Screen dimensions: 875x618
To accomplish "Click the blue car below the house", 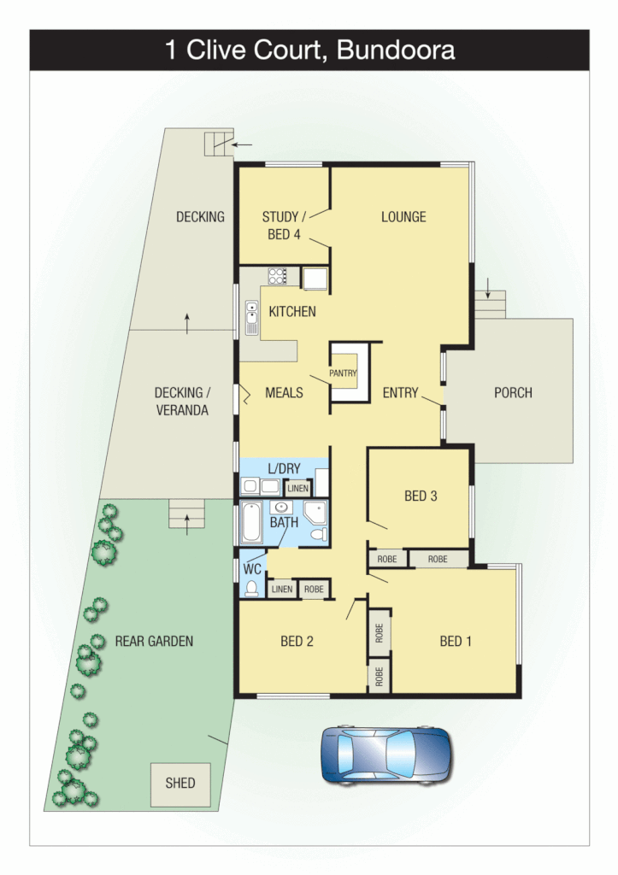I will click(x=386, y=755).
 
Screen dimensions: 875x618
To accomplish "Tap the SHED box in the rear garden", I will click(x=180, y=783).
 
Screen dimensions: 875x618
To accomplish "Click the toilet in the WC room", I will click(x=251, y=587).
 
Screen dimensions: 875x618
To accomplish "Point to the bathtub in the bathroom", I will click(x=251, y=523).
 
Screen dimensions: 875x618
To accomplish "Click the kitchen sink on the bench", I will click(x=251, y=318).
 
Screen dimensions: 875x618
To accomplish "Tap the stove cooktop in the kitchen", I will click(x=278, y=276).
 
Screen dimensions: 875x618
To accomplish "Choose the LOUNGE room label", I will click(x=403, y=217).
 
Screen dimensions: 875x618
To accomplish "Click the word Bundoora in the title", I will click(x=396, y=50).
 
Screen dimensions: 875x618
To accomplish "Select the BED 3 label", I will click(x=421, y=496).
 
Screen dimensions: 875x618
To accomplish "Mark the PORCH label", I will click(x=513, y=393).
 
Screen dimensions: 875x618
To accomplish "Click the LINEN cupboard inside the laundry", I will click(x=297, y=488).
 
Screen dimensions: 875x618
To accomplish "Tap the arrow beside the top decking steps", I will click(x=243, y=144).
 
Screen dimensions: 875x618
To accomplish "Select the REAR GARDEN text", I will click(x=154, y=641).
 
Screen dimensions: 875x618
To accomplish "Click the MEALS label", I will click(x=284, y=393).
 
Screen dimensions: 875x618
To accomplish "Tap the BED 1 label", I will click(x=456, y=641).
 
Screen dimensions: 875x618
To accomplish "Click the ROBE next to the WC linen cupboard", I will click(x=314, y=589).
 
